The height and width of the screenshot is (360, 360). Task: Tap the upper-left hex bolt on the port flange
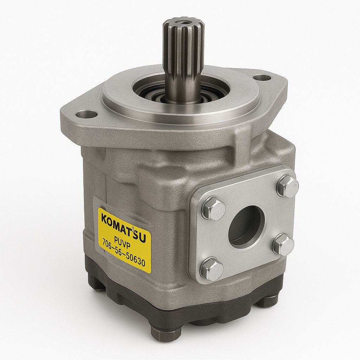point(213,208)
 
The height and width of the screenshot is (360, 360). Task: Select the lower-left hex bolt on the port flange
point(212,269)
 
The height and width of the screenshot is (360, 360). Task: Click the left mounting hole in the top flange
point(86,114)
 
